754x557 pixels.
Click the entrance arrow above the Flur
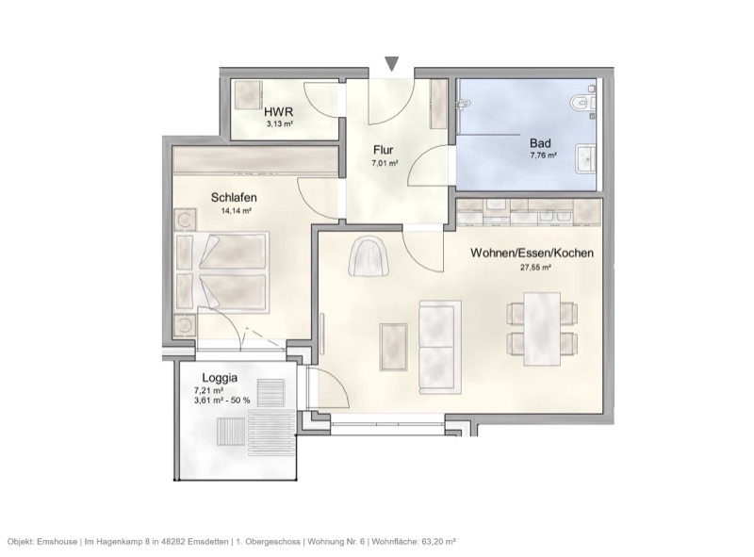tap(392, 63)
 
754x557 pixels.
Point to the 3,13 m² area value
tap(280, 123)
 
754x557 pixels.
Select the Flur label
tap(383, 150)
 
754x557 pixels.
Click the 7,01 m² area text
tap(385, 163)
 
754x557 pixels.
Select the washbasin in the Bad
tap(585, 158)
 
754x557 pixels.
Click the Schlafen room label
tap(234, 198)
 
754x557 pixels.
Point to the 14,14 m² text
tap(236, 211)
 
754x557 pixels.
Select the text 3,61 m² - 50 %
tap(221, 401)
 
